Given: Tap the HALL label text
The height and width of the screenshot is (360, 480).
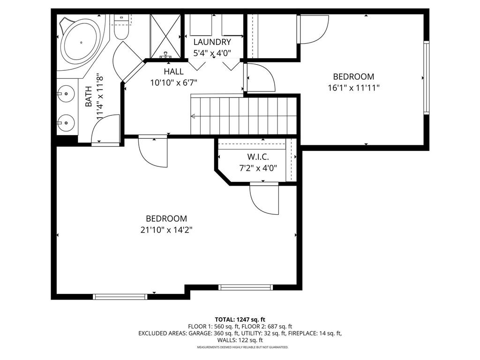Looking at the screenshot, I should point(173,72).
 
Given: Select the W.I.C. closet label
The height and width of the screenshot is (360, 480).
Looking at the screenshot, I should point(258,157).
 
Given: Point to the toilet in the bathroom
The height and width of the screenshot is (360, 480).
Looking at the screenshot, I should point(121,29).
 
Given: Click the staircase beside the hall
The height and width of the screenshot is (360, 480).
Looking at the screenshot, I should point(244,116).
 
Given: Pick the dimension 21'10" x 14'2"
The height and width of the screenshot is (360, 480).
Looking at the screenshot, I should point(166,230).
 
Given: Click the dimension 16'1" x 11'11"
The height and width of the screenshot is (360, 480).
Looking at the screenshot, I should point(353,87).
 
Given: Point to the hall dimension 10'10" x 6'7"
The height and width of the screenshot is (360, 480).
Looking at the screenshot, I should point(173,83).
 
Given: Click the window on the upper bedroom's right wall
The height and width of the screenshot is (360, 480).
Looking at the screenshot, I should point(426,78).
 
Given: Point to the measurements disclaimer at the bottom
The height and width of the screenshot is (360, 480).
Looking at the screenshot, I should point(242,347).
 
